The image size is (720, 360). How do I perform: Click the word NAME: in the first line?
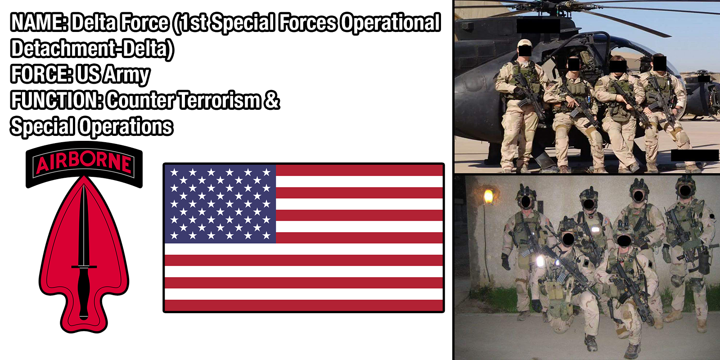point(39,22)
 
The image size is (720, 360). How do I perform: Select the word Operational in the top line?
point(390,23)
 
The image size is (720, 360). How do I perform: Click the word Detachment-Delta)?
point(92,49)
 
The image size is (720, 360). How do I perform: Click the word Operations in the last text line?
point(126,126)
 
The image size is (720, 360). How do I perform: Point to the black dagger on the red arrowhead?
point(84,252)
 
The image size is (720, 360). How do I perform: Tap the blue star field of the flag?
point(220,204)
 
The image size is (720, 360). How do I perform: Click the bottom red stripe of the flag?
point(304,306)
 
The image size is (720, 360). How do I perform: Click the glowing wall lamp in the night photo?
point(488,196)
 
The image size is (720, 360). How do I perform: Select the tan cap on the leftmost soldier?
point(525,43)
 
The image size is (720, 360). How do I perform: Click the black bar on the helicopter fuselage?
point(538,26)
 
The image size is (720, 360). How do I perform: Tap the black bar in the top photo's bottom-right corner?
point(695,156)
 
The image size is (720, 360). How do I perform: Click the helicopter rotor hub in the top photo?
point(564,5)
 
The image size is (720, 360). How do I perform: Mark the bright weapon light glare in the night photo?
point(540,261)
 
